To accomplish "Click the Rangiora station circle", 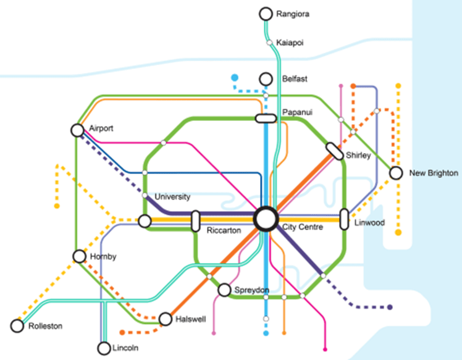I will click(266, 14).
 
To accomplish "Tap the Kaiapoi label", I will click(291, 42).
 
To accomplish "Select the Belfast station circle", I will click(266, 79).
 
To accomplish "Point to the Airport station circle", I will click(77, 130).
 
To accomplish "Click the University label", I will click(172, 197).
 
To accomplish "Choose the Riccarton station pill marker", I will click(196, 220).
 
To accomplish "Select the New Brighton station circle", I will click(396, 174).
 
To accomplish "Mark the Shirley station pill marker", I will click(335, 151).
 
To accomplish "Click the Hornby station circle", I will click(78, 256).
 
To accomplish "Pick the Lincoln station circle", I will click(103, 348).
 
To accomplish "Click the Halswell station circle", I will click(165, 319).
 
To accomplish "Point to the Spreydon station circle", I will click(224, 290).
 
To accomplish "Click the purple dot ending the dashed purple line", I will click(390, 307).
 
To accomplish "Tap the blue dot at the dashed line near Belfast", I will click(235, 78).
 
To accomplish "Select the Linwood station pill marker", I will click(345, 220).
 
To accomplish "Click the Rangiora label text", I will click(293, 14).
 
